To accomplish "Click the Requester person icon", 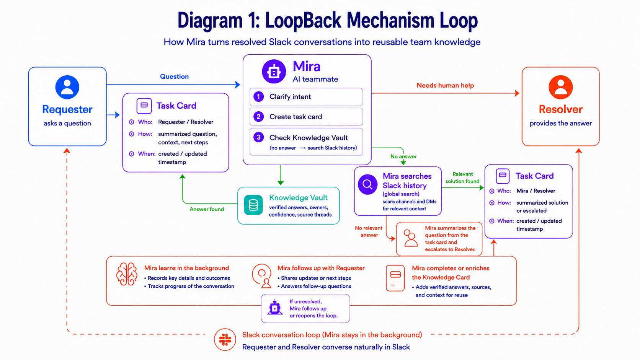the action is pos(67,87).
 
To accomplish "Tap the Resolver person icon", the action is pos(560,87).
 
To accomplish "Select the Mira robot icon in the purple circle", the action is pos(274,72).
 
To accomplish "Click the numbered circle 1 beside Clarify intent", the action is pos(259,96).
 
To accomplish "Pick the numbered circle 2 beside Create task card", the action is pos(259,116).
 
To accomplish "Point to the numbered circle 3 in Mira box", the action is pos(259,137).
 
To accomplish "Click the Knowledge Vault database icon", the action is pos(253,205).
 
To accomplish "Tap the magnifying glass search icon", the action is pos(368,184).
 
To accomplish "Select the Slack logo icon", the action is pos(225,339).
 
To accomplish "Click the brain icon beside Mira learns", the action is pos(127,274).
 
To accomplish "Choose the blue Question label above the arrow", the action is pos(174,77).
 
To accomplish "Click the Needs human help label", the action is pos(445,85).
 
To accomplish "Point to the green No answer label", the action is pos(403,156).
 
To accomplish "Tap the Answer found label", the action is pos(207,209).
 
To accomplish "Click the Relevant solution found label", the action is pos(462,178).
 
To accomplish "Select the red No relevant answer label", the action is pos(369,231).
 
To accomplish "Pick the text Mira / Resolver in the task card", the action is pos(532,191).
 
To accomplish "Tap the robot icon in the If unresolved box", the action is pos(274,308).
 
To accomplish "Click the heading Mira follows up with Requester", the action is pos(321,268).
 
